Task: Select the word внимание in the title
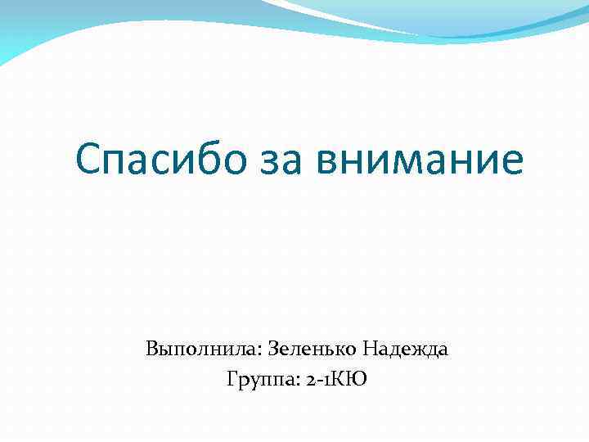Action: [x=416, y=160]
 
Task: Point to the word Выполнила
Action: [x=200, y=350]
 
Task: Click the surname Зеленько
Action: [x=310, y=350]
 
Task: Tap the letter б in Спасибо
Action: [x=194, y=158]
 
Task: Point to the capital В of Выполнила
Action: [x=152, y=350]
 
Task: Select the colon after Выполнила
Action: [x=256, y=352]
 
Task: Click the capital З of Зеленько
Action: [x=271, y=350]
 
